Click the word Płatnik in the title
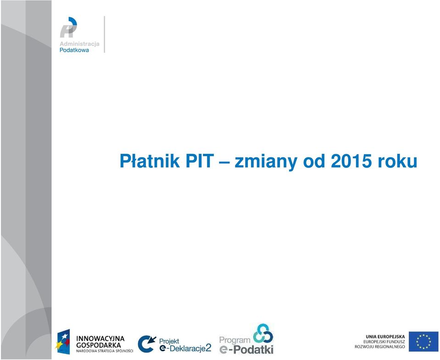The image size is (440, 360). tap(150, 161)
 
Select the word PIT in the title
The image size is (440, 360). tap(200, 161)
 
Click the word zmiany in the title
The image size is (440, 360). tap(266, 162)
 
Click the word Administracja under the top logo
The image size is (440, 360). tap(79, 44)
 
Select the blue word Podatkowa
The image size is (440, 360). tap(74, 50)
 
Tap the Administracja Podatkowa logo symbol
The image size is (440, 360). tap(68, 27)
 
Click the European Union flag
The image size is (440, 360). tap(423, 342)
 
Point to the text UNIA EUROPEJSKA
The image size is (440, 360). tap(385, 337)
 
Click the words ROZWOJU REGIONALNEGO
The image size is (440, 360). tap(380, 347)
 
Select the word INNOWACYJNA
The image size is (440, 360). tap(100, 339)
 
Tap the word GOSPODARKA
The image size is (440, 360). tap(99, 345)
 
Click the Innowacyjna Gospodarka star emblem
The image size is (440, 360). tap(63, 342)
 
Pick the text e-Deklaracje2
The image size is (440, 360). tap(185, 348)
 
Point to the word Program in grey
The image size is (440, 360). tap(234, 340)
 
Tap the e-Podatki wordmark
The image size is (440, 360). tap(246, 349)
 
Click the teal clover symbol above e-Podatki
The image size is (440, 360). tap(263, 333)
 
